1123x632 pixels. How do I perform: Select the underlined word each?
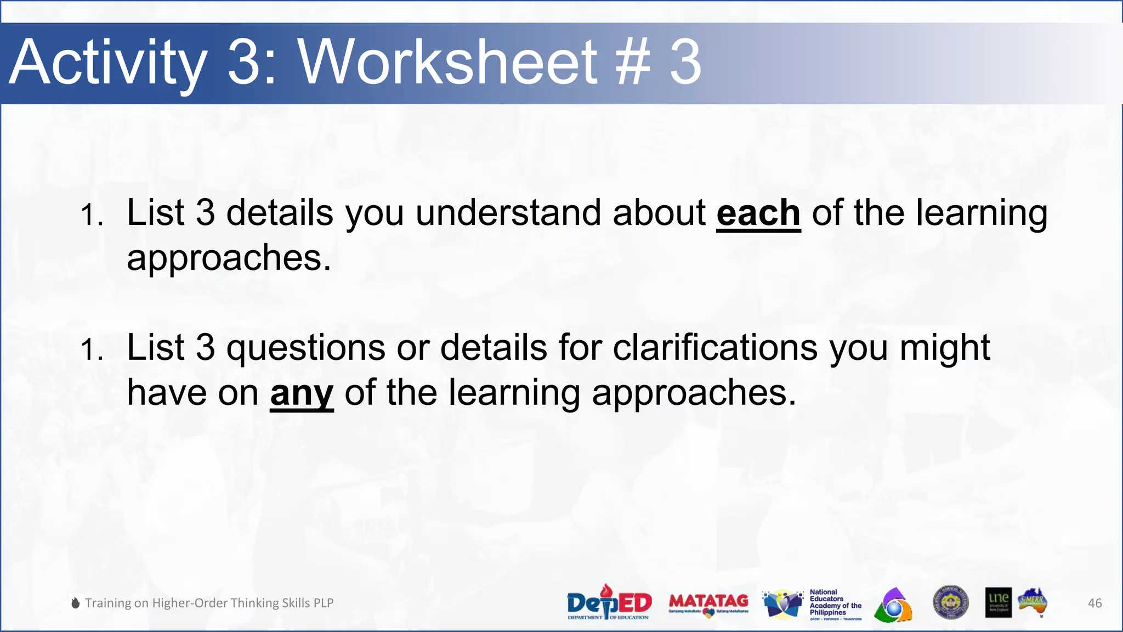(x=758, y=213)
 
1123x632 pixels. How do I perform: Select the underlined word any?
(x=302, y=393)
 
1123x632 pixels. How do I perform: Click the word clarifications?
(x=715, y=348)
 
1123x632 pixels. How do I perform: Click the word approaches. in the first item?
(x=229, y=258)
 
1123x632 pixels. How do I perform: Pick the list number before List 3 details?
(x=91, y=215)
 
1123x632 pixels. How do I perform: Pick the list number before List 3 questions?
(x=91, y=349)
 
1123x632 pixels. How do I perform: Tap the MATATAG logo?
(x=708, y=603)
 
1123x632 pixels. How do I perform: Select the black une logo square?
(x=998, y=602)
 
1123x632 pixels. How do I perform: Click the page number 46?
(x=1094, y=603)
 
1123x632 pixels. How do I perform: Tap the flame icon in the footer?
(x=76, y=603)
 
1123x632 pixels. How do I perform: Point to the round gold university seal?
(x=950, y=602)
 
